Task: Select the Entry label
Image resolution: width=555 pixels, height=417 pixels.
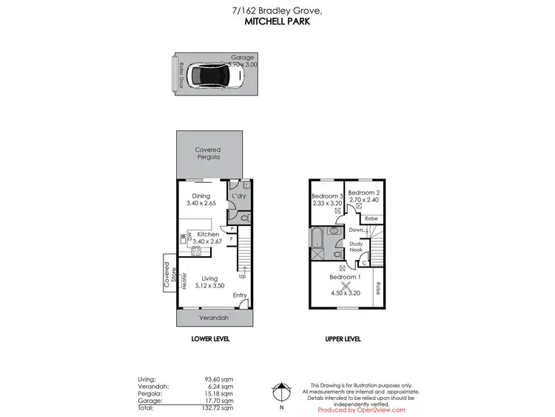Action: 240,296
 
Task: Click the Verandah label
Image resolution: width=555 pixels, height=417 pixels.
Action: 212,318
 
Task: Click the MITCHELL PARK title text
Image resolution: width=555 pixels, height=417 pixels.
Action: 277,23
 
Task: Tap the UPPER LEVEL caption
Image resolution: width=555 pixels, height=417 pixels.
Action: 343,338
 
